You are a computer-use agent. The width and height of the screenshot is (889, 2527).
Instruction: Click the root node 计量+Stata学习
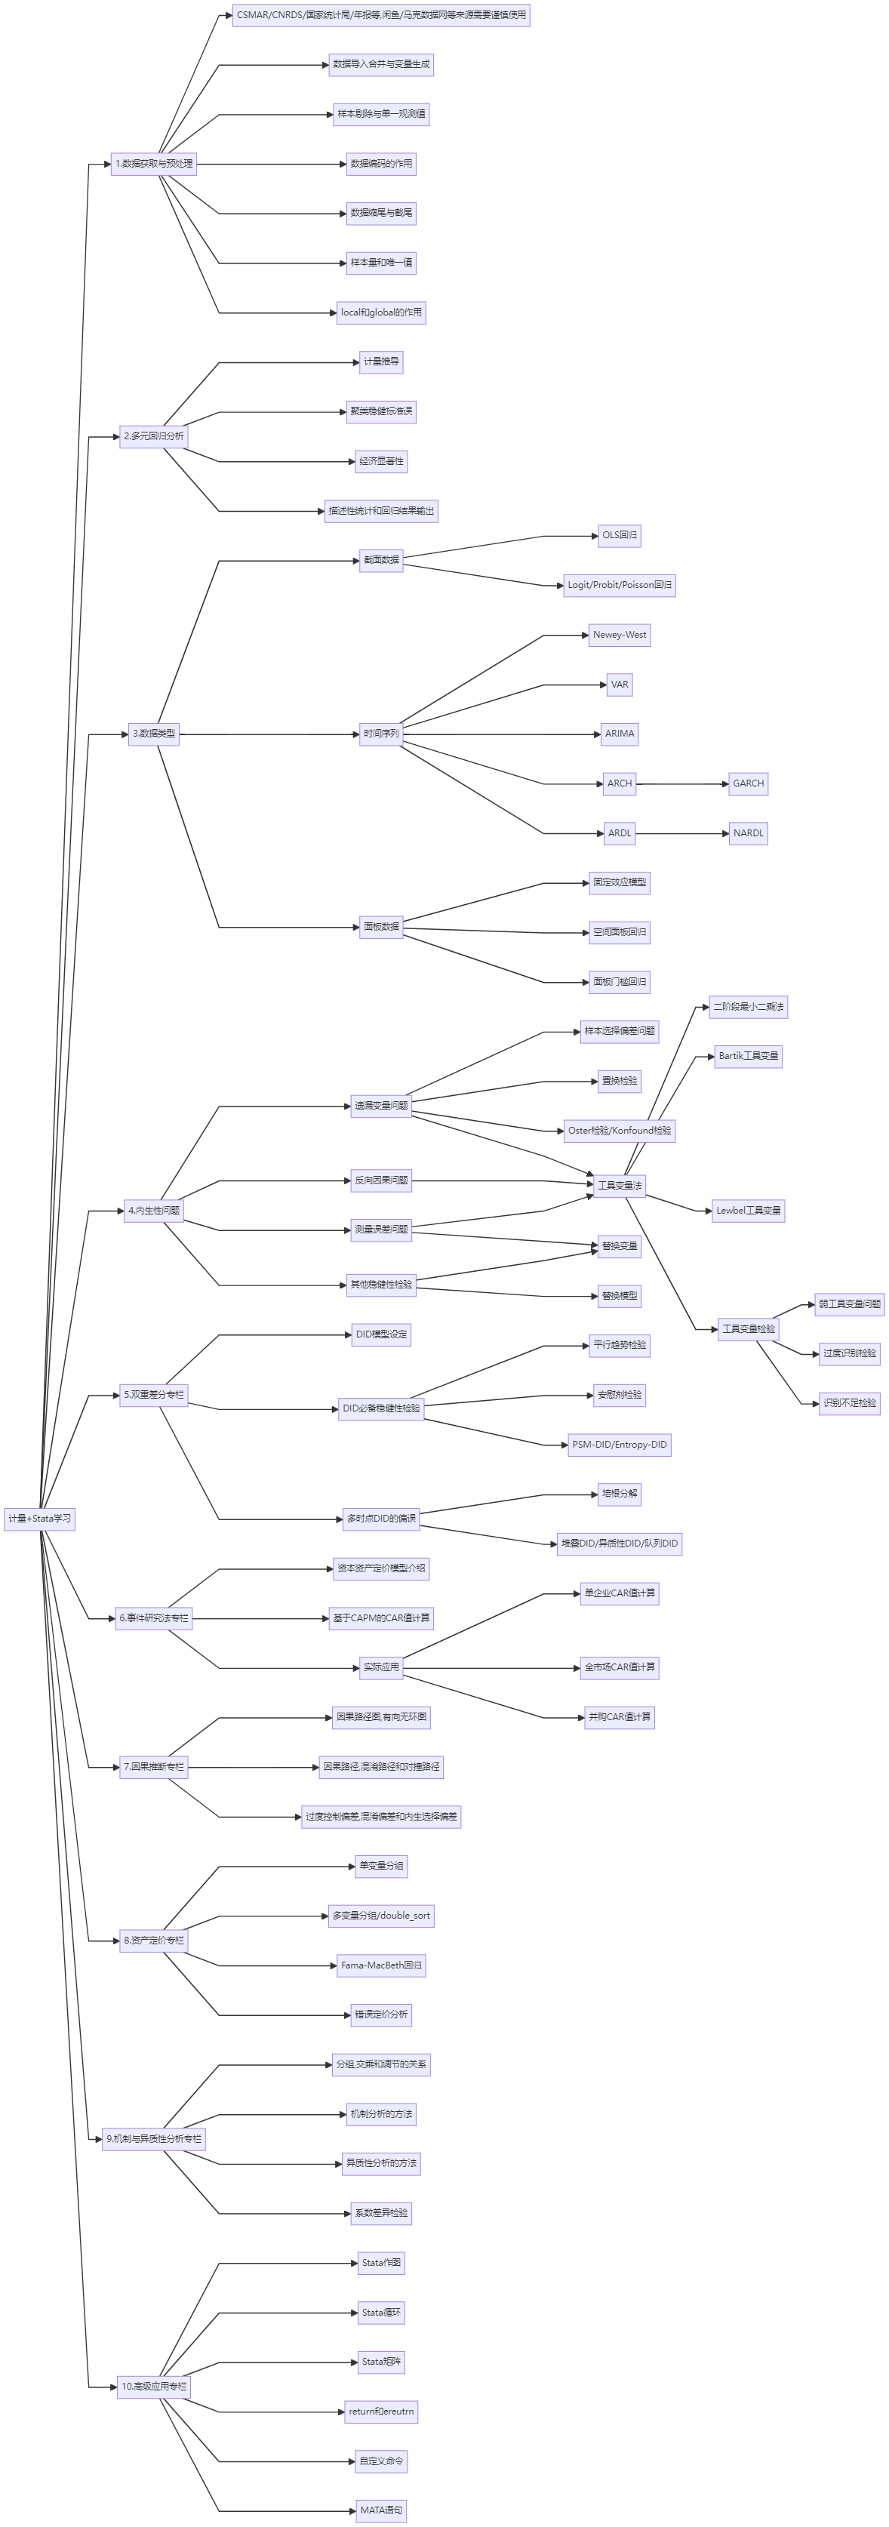39,1519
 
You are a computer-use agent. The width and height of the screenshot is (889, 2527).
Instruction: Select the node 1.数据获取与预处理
154,164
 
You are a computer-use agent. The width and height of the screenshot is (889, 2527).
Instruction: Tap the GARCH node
748,783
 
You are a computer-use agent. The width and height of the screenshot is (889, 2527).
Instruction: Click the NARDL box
748,833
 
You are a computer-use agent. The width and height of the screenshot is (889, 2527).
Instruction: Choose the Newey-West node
619,635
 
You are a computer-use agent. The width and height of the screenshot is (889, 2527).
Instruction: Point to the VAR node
619,684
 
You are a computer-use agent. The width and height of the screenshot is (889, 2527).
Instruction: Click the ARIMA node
619,734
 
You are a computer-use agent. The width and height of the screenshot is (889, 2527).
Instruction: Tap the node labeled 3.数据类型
154,734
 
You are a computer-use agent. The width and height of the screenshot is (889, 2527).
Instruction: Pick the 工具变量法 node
619,1185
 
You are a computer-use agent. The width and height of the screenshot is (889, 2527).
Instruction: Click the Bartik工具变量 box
748,1055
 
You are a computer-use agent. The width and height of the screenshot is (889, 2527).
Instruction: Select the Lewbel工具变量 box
748,1211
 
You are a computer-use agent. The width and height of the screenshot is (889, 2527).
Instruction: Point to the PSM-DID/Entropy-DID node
619,1444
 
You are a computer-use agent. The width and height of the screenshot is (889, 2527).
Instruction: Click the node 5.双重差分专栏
154,1394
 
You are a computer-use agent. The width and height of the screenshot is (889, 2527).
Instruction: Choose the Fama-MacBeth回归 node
380,1965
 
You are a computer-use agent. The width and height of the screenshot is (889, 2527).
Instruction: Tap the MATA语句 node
380,2510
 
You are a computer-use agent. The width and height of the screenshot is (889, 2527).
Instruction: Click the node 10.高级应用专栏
154,2386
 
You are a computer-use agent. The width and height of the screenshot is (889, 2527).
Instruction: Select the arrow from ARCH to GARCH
682,783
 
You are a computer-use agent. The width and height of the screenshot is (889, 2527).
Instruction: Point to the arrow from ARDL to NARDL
682,833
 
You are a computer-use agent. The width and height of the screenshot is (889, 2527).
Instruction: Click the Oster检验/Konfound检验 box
619,1130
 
